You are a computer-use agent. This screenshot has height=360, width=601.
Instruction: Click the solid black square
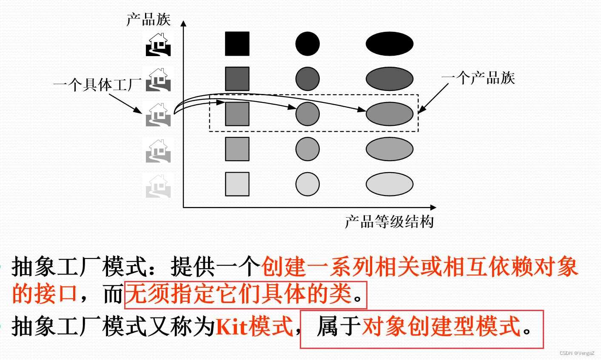(x=237, y=44)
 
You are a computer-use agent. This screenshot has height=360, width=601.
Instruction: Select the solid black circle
(x=308, y=44)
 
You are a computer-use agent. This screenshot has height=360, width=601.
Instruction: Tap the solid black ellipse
(x=390, y=44)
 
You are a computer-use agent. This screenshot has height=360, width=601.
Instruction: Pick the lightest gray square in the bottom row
(x=237, y=184)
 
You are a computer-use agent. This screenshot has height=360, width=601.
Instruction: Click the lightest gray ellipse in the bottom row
(x=390, y=184)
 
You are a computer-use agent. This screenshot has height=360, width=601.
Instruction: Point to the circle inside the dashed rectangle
(x=308, y=114)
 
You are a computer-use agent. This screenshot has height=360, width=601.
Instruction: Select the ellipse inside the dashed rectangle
(x=390, y=114)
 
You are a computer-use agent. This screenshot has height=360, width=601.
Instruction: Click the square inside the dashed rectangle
(x=237, y=114)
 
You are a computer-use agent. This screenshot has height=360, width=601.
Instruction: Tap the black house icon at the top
(x=158, y=45)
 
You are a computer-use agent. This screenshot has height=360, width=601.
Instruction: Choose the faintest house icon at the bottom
(x=158, y=186)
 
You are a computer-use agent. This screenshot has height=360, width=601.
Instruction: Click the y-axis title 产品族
(x=148, y=20)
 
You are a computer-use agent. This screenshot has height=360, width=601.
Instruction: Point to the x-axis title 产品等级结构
(x=389, y=221)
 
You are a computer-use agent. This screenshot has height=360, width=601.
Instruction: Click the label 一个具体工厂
(x=97, y=85)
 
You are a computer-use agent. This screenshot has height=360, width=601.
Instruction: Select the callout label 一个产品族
(x=478, y=78)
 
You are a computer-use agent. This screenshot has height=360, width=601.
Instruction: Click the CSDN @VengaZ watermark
(x=577, y=353)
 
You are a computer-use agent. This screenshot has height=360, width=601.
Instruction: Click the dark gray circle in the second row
(x=308, y=79)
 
